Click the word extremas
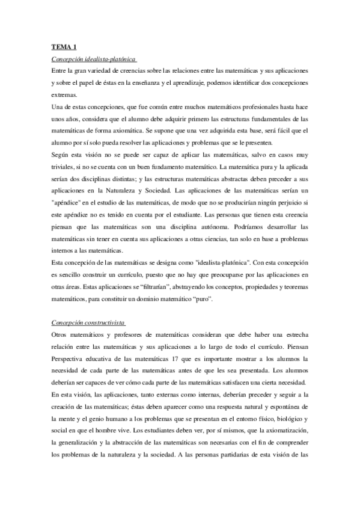click(x=65, y=94)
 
